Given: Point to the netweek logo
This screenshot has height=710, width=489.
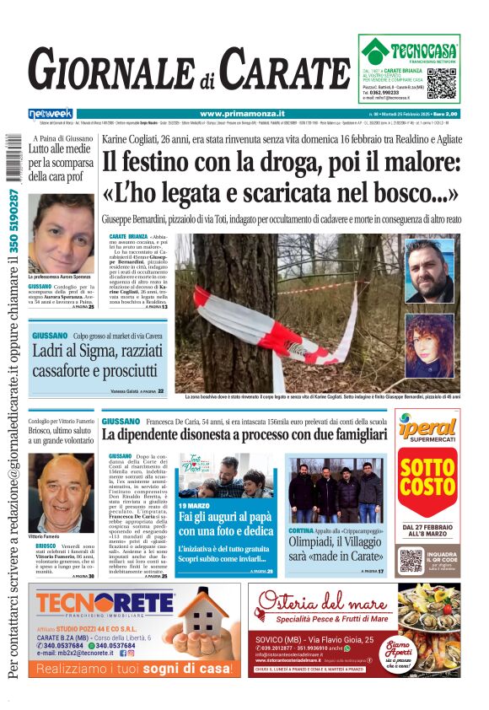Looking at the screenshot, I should click(x=51, y=113).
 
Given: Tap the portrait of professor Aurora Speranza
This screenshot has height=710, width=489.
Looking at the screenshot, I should click(x=61, y=234).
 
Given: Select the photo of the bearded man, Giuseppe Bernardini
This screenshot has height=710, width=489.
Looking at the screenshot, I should click(x=428, y=271).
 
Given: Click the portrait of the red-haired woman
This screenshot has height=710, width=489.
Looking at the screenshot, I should click(x=428, y=346).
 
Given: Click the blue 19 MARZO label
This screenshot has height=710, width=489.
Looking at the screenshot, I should click(x=196, y=504).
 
